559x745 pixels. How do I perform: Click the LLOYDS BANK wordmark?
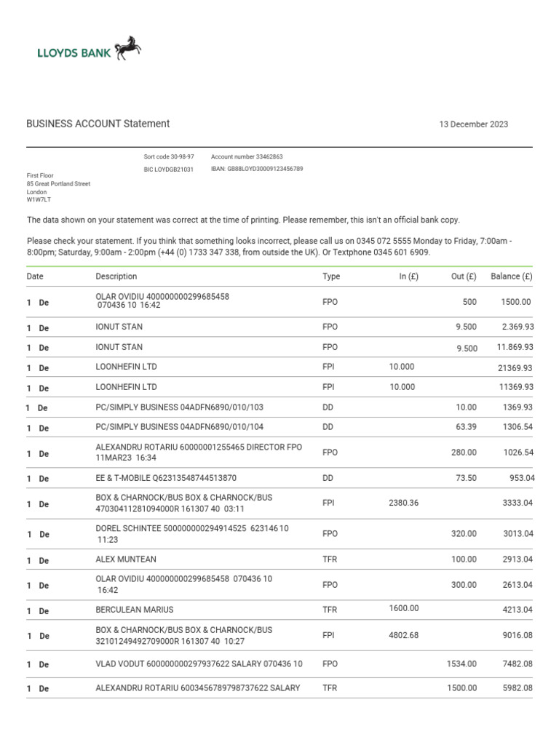(74, 52)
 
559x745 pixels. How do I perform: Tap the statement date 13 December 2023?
(473, 124)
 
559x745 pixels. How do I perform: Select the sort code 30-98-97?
(169, 156)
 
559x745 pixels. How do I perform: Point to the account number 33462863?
(247, 156)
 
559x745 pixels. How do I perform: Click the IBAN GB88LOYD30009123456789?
(257, 169)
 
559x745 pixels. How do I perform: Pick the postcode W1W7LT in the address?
(39, 199)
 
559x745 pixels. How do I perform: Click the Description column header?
(116, 276)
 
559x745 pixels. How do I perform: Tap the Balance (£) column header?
(511, 276)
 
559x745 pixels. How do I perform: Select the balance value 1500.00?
(517, 302)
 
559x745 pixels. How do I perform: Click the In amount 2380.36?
(404, 503)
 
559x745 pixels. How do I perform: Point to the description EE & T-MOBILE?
(166, 479)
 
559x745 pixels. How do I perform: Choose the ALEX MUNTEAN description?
(126, 559)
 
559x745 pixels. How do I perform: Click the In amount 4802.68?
(404, 635)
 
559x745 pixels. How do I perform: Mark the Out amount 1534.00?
(461, 664)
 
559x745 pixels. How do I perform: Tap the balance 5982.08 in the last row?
(518, 688)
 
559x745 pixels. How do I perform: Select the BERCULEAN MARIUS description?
(135, 610)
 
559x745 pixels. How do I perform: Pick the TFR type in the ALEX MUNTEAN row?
(330, 559)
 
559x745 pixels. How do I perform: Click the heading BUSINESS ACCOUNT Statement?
(98, 124)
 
